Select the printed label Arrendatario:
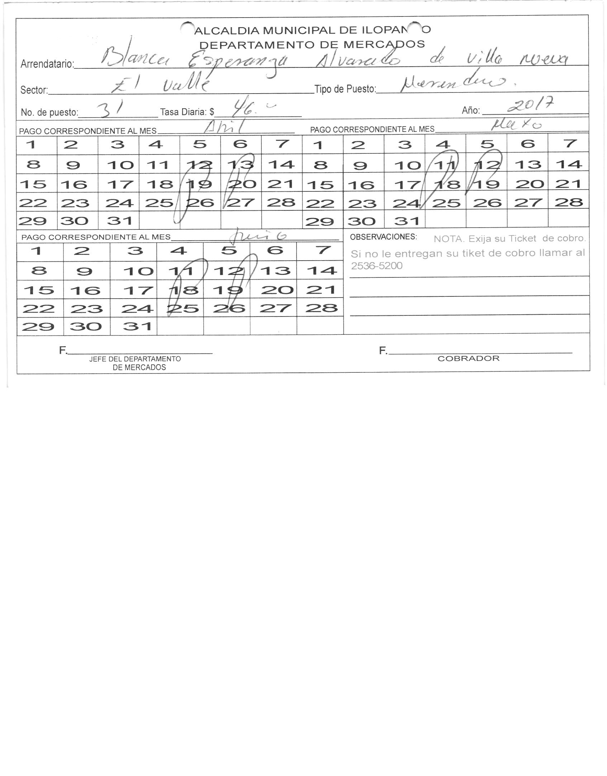click(47, 64)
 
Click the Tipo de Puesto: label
click(345, 89)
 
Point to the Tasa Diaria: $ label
click(187, 112)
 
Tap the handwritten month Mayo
click(516, 125)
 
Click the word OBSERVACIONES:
click(383, 237)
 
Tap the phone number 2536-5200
click(376, 266)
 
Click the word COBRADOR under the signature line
click(468, 358)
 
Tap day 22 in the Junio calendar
click(38, 308)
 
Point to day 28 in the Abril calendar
click(281, 202)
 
